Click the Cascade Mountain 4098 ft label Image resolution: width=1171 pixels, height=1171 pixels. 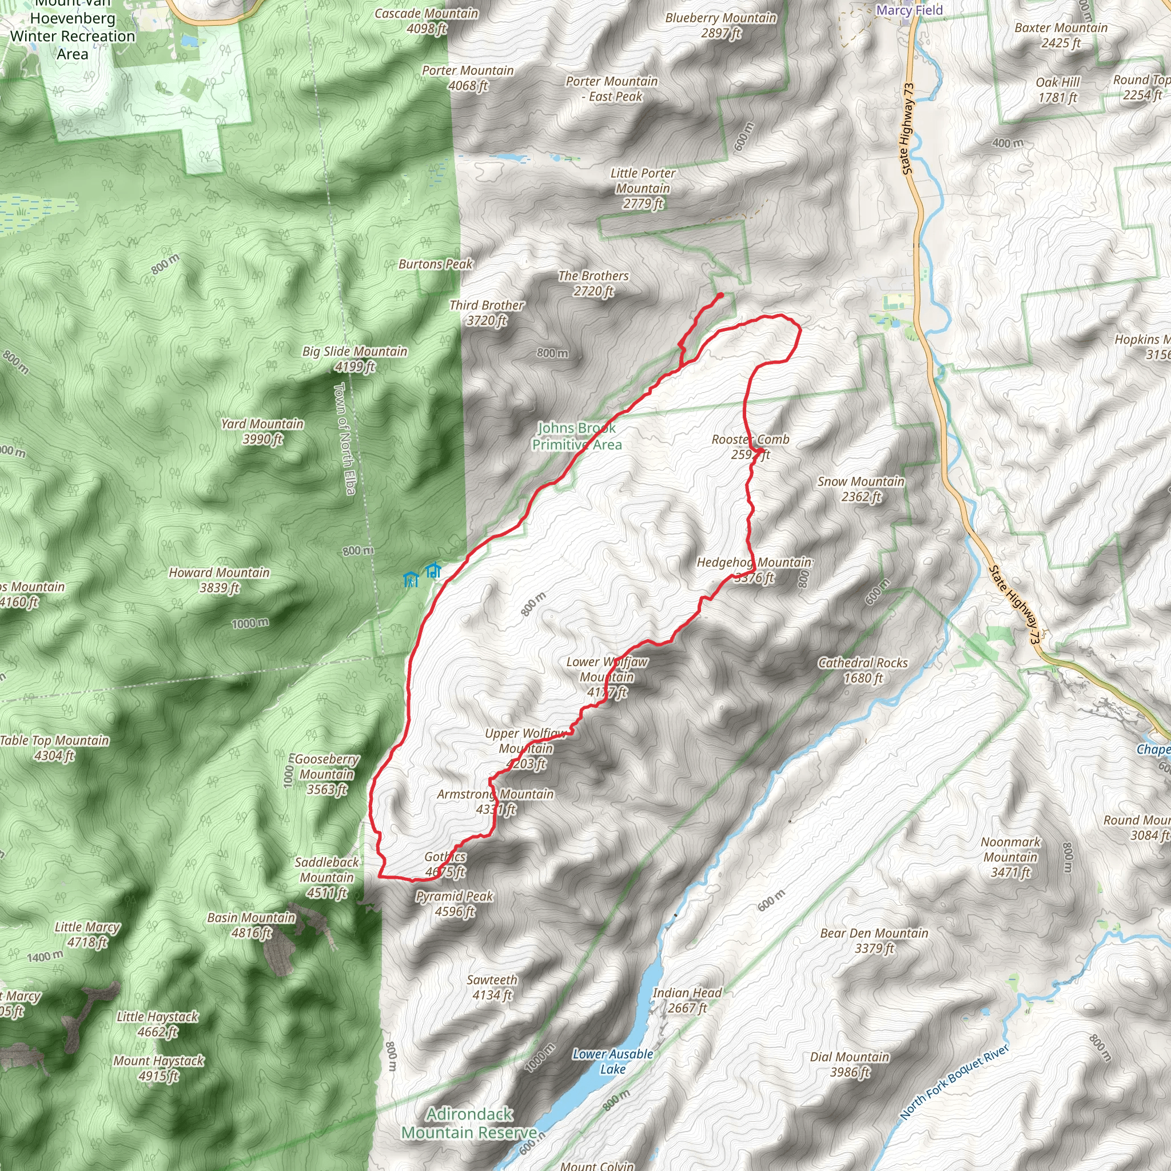pos(426,21)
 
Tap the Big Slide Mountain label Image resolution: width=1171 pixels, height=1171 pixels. pos(355,359)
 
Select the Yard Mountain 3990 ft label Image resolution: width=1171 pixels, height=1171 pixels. pos(262,431)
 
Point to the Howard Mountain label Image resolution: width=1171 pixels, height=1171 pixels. pos(219,579)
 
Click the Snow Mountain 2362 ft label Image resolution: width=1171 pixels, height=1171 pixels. pos(861,488)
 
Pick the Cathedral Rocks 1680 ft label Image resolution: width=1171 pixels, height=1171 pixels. pos(862,670)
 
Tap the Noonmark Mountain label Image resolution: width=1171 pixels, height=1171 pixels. pos(1010,857)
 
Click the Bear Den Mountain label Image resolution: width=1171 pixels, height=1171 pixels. pos(874,940)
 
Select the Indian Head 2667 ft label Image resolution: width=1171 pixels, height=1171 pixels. pos(687,1000)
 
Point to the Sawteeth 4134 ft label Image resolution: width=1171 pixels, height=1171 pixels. pos(492,987)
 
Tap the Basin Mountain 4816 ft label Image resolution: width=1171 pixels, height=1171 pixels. pos(251,925)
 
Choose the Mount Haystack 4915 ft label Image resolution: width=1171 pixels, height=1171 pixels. pos(158,1068)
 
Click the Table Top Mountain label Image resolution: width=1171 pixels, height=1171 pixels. pos(54,747)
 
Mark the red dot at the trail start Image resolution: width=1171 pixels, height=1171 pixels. pos(720,296)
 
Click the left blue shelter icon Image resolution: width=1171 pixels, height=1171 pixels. pos(411,579)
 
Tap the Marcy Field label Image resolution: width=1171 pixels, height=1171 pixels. pos(909,10)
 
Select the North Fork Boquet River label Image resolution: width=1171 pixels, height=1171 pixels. pos(954,1081)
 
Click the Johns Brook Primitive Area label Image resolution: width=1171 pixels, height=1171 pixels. pos(576,436)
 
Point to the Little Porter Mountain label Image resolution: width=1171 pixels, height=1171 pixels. pos(643,188)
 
